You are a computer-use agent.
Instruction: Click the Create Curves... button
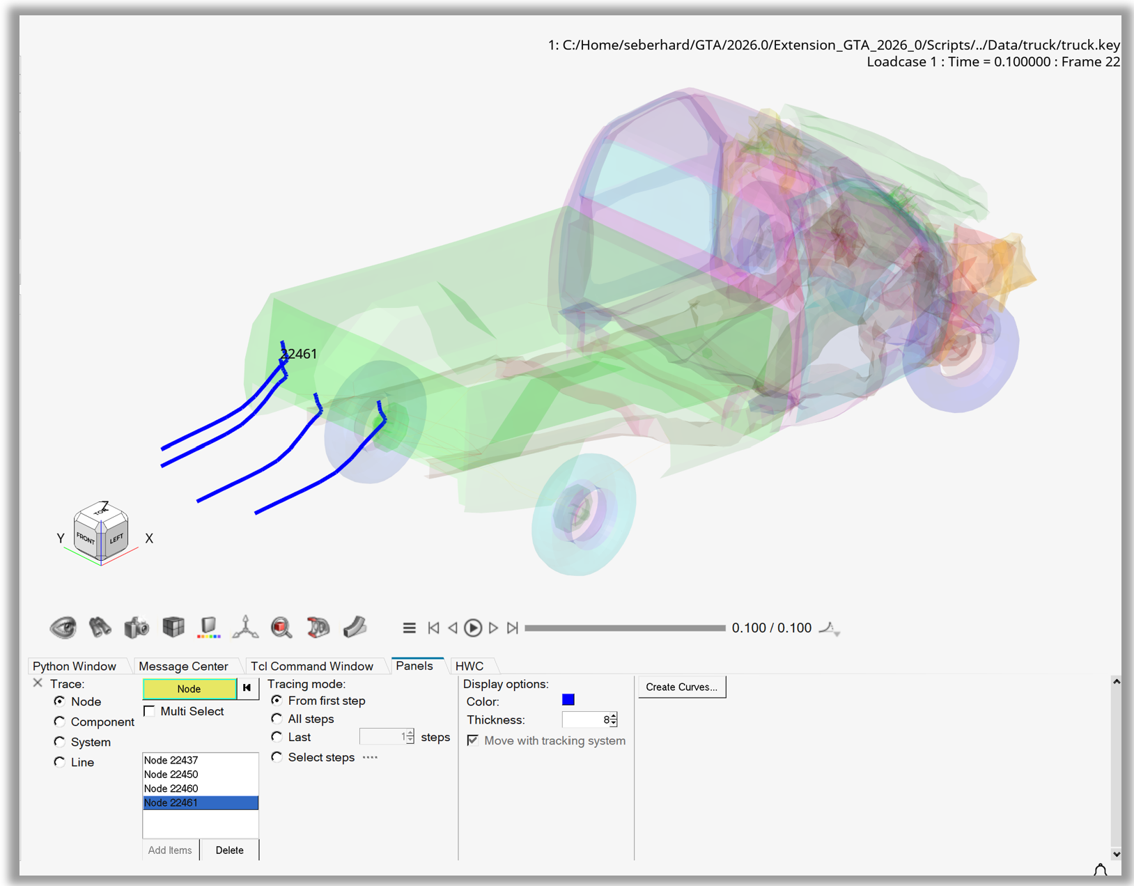point(681,687)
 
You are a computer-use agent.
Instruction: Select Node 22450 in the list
point(171,775)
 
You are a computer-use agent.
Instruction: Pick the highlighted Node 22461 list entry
point(200,803)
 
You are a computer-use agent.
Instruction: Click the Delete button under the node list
point(229,850)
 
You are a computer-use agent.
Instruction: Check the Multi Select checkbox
point(149,711)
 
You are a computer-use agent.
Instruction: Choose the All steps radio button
point(277,719)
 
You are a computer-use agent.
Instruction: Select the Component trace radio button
point(60,722)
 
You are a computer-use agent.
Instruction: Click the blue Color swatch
point(568,700)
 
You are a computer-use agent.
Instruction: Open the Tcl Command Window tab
point(311,666)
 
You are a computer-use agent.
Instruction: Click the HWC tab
point(469,666)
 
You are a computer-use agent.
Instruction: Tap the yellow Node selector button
point(189,689)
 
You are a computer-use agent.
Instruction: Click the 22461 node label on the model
point(300,354)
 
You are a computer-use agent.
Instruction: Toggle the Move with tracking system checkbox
point(473,740)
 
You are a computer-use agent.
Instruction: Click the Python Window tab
point(75,666)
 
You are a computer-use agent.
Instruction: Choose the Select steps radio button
point(277,757)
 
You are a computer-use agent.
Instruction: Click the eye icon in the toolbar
point(63,628)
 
